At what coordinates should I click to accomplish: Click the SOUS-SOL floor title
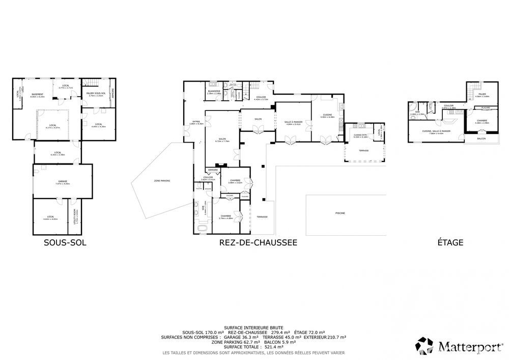coord(65,243)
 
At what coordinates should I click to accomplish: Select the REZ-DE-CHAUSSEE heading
coord(258,243)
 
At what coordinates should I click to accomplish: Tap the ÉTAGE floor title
coord(450,243)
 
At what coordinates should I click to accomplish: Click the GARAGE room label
coord(62,182)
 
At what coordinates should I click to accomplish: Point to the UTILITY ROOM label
coord(75,216)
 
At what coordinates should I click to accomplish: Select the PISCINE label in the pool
coord(340,213)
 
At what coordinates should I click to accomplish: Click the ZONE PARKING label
coord(162,181)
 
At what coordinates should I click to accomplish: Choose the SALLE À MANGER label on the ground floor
coord(294,122)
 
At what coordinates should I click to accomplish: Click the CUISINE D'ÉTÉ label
coord(360,136)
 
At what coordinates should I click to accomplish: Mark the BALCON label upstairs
coord(481,139)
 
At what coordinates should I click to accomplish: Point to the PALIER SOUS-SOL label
coord(97,94)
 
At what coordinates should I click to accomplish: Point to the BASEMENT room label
coord(37,95)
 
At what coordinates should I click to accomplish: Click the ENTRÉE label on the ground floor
coord(196,123)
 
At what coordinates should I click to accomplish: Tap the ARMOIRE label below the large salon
coord(212,170)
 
